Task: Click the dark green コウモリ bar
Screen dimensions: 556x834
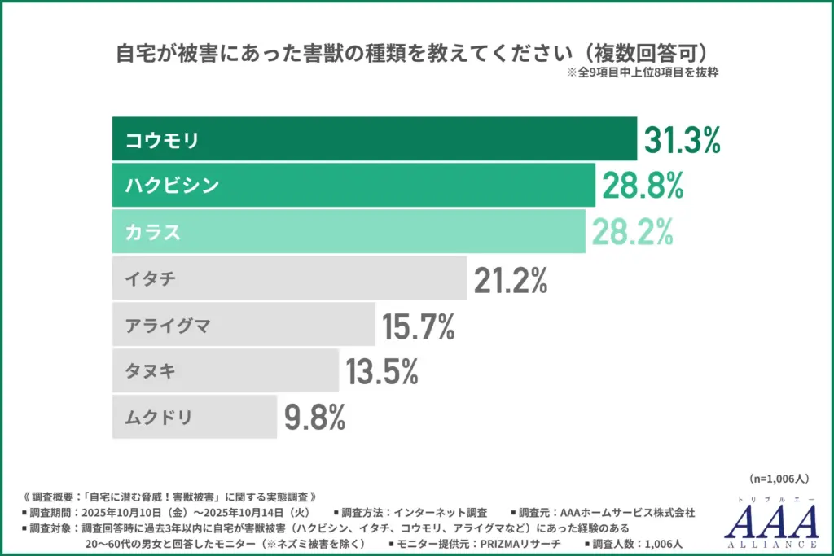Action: point(374,139)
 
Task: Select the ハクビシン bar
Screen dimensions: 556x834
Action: point(353,186)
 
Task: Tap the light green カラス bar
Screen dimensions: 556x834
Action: point(349,232)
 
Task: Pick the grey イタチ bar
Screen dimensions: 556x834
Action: point(289,278)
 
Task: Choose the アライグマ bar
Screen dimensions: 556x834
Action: point(244,325)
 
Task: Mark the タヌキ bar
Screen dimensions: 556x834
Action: point(225,371)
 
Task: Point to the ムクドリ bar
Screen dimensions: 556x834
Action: point(195,418)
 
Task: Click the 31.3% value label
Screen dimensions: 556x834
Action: point(683,140)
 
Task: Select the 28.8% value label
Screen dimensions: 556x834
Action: point(642,186)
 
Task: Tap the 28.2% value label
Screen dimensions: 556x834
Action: point(633,233)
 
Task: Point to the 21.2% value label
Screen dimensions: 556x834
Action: point(510,279)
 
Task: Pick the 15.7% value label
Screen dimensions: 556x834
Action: point(419,326)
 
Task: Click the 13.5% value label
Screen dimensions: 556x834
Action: point(382,372)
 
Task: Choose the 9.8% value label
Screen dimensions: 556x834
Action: point(315,418)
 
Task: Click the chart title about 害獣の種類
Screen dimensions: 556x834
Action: point(417,54)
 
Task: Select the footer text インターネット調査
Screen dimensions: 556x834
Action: point(440,513)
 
